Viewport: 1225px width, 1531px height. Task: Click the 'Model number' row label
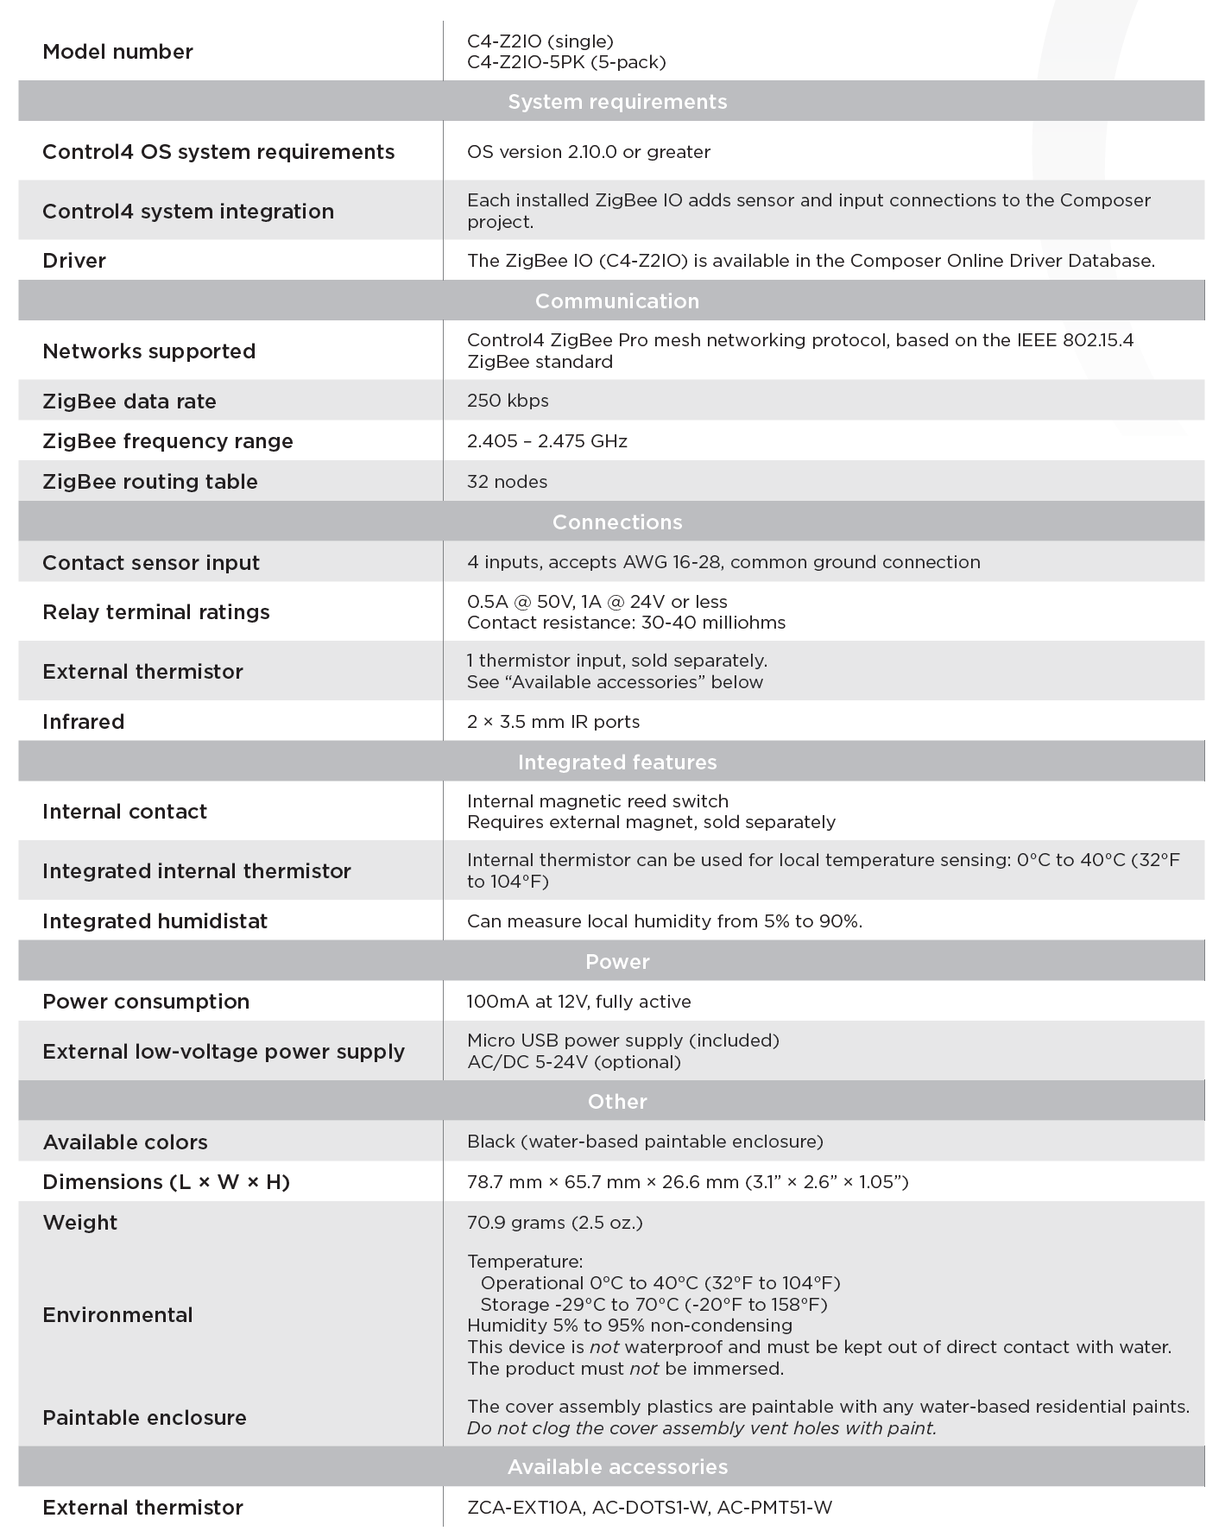coord(117,52)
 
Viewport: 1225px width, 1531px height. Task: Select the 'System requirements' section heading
coord(617,102)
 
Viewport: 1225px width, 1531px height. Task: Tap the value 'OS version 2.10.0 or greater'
coord(589,152)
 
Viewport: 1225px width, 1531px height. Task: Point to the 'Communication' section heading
coord(617,301)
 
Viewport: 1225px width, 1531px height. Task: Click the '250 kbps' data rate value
coord(508,401)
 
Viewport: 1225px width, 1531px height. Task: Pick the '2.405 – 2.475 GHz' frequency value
coord(547,441)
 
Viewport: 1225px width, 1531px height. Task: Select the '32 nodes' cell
coord(507,482)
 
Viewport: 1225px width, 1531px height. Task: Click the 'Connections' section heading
coord(617,522)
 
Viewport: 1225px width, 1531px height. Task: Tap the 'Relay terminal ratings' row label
coord(156,612)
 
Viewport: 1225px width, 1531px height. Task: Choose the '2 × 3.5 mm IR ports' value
coord(553,722)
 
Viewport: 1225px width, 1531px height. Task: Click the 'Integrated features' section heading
coord(617,762)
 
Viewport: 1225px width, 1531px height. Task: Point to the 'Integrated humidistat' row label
coord(155,921)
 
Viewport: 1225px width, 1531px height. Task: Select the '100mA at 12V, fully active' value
coord(579,1002)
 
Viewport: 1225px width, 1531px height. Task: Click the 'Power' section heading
coord(617,962)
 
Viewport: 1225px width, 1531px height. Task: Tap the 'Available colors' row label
coord(125,1142)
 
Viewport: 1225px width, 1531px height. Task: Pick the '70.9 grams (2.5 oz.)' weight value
coord(555,1223)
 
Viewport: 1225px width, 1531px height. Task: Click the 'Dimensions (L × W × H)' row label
coord(166,1182)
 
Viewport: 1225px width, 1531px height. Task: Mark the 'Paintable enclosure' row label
coord(144,1418)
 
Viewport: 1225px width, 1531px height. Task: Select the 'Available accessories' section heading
coord(617,1467)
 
